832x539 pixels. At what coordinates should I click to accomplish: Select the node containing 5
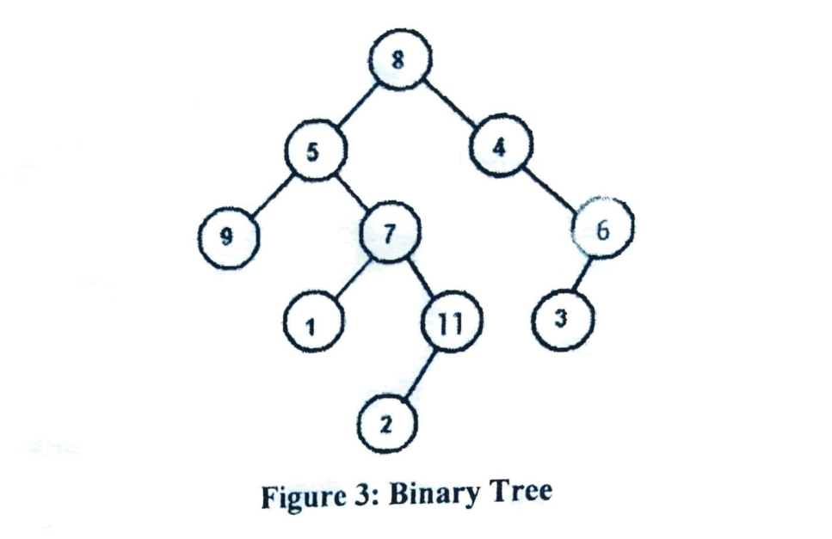(x=316, y=150)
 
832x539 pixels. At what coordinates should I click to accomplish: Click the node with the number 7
(x=389, y=233)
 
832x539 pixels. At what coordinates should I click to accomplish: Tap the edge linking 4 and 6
(x=552, y=187)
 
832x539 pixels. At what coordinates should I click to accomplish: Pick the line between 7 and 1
(x=351, y=278)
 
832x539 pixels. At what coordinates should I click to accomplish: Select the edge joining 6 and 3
(x=583, y=274)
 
